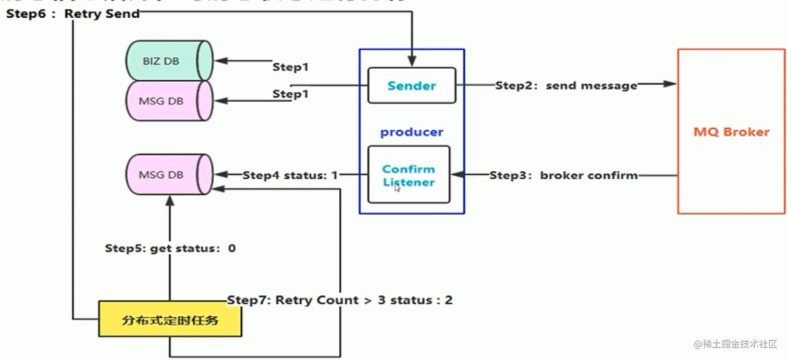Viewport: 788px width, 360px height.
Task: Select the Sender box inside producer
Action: (x=412, y=85)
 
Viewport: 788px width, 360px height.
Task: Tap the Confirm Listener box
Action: (x=409, y=175)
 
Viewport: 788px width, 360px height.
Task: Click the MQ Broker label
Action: (x=731, y=132)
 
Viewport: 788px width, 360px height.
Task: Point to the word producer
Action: (x=412, y=132)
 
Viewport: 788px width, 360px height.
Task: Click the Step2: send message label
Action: (x=566, y=85)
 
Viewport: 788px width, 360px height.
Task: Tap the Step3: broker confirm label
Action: (x=563, y=176)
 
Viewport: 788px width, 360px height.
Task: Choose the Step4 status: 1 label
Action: (x=290, y=176)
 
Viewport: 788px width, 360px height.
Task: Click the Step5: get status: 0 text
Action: (x=170, y=249)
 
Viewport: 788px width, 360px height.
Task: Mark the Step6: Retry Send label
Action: (x=73, y=14)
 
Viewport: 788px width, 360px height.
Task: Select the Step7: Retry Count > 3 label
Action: (x=340, y=301)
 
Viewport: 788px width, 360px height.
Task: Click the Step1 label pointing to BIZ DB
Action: (x=291, y=67)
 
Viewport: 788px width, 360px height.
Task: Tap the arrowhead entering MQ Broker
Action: (x=671, y=84)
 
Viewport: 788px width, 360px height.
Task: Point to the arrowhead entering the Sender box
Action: (x=412, y=61)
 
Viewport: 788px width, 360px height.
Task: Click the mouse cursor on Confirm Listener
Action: (x=397, y=188)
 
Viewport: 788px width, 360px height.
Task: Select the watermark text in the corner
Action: (x=734, y=344)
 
